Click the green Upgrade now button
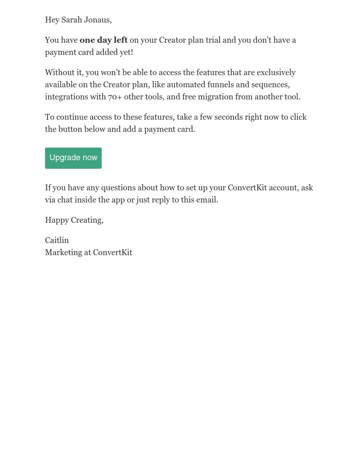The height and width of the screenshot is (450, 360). click(73, 158)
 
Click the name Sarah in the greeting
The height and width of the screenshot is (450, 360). click(72, 20)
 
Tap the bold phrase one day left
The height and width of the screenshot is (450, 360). click(103, 40)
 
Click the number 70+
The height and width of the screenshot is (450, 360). click(115, 97)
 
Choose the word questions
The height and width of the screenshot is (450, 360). click(118, 188)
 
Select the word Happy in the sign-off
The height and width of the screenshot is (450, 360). click(57, 220)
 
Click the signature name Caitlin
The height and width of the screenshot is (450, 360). click(57, 240)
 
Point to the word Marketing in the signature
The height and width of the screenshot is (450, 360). click(63, 252)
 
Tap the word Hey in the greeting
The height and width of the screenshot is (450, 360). click(52, 20)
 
